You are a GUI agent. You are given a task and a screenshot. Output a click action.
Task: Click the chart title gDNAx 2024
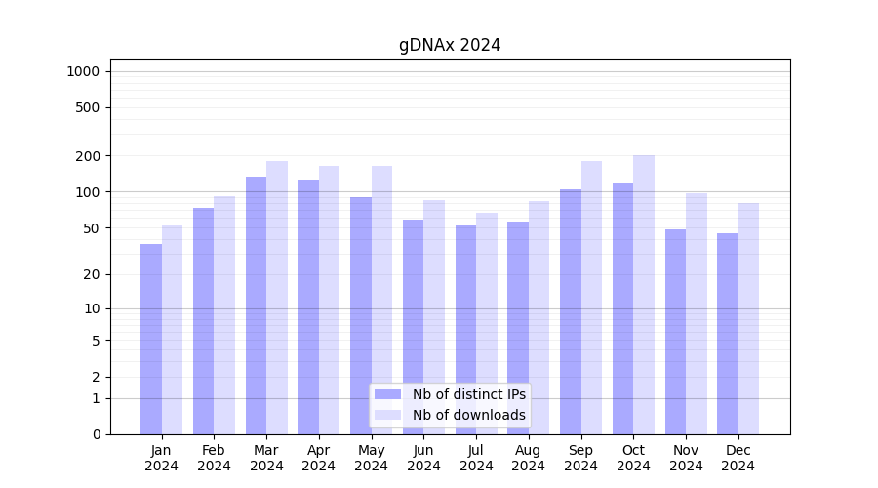(450, 45)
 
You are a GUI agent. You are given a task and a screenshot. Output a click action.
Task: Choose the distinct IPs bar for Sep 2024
(571, 311)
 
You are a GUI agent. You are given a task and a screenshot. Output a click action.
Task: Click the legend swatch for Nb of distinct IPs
(387, 394)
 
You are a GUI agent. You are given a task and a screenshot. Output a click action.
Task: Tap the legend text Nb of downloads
(469, 415)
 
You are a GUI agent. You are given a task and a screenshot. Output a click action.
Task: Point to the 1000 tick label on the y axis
(83, 71)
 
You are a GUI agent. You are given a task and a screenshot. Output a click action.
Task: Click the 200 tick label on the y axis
(88, 156)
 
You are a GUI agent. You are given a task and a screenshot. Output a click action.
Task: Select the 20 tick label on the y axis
(92, 274)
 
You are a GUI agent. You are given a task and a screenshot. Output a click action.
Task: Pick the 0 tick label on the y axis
(96, 434)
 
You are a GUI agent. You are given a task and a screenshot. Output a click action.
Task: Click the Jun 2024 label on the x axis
(423, 458)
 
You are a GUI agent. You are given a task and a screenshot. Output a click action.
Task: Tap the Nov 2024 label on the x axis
(686, 458)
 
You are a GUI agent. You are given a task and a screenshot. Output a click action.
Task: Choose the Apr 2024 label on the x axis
(319, 458)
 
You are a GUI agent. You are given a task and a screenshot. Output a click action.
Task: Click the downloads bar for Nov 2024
(697, 313)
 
